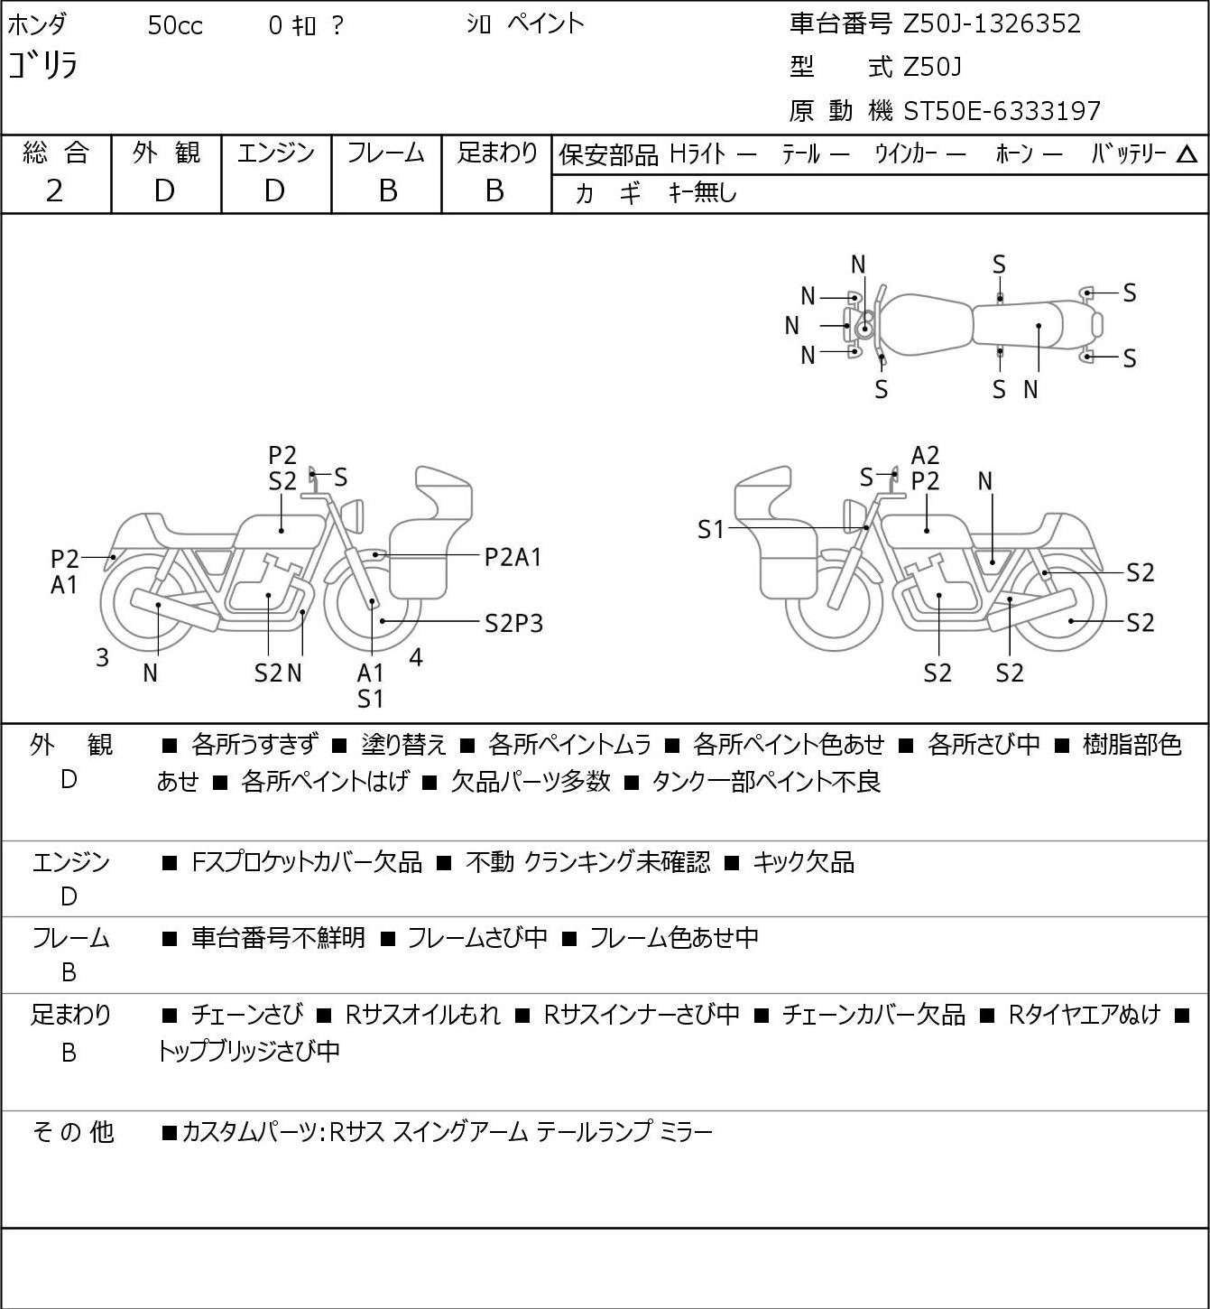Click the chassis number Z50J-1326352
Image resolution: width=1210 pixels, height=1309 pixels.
coord(992,24)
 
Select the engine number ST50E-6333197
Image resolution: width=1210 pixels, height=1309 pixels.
coord(1002,111)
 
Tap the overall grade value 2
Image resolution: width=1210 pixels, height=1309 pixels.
coord(55,191)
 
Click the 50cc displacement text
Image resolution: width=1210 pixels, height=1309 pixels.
coord(175,25)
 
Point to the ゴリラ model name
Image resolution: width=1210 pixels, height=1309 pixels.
coord(42,65)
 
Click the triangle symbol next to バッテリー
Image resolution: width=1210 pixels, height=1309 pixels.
coord(1187,154)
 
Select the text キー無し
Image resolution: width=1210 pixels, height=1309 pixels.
coord(703,193)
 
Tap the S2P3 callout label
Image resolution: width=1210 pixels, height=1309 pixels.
coord(514,624)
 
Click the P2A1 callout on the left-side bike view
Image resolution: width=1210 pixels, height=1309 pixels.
coord(513,558)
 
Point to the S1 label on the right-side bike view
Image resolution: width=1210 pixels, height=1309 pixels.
coord(710,529)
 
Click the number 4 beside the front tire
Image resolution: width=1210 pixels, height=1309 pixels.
coord(416,657)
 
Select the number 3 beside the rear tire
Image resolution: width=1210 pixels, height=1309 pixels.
coord(102,657)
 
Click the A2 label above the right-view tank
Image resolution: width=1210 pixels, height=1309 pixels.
coord(925,456)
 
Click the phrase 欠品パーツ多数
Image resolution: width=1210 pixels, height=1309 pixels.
coord(531,782)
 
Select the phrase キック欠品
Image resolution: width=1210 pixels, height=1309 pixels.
coord(803,862)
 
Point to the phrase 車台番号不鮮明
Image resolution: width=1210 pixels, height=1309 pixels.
coord(278,937)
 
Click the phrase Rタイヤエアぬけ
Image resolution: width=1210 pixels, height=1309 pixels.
coord(1084,1015)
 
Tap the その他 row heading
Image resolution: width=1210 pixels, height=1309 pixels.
coord(72,1132)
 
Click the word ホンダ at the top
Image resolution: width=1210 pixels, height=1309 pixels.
coord(37,25)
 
